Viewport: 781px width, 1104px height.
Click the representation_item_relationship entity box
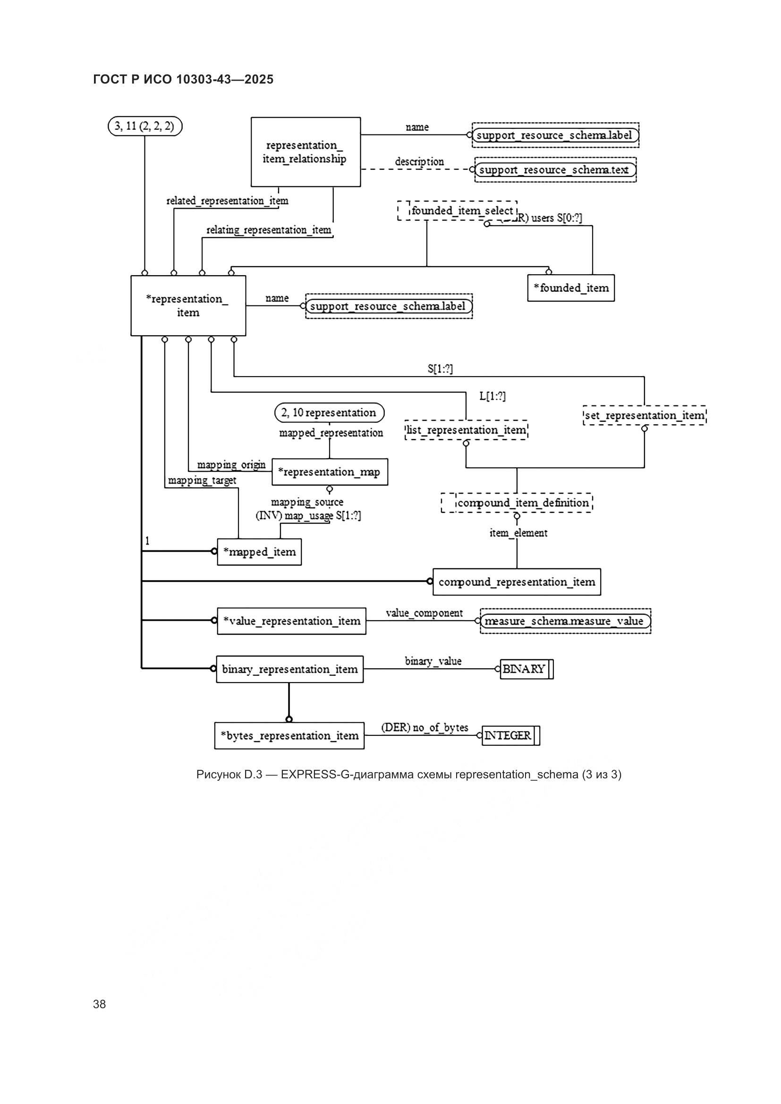pyautogui.click(x=306, y=152)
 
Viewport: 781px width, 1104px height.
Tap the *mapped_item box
pyautogui.click(x=259, y=552)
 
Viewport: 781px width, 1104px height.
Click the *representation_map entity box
pyautogui.click(x=330, y=472)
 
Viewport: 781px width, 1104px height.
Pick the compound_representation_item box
pyautogui.click(x=517, y=582)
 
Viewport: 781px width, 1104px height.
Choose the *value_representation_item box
pyautogui.click(x=291, y=621)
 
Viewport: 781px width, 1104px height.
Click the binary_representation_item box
pyautogui.click(x=289, y=669)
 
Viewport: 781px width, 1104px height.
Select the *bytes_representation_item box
pyautogui.click(x=289, y=736)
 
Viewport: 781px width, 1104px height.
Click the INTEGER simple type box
pyautogui.click(x=510, y=736)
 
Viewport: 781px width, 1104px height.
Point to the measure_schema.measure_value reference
pyautogui.click(x=565, y=621)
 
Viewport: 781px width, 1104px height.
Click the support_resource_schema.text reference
pyautogui.click(x=555, y=170)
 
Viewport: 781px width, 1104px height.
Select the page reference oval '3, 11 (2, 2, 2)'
pyautogui.click(x=145, y=127)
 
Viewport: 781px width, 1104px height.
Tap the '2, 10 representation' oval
pyautogui.click(x=330, y=413)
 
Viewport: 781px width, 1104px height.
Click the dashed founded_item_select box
pyautogui.click(x=458, y=211)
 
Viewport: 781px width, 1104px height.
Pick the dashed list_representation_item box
pyautogui.click(x=466, y=430)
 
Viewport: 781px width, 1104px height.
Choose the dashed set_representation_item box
pyautogui.click(x=645, y=415)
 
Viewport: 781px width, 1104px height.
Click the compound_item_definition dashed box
pyautogui.click(x=517, y=503)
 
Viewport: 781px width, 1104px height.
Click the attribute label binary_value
pyautogui.click(x=433, y=661)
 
